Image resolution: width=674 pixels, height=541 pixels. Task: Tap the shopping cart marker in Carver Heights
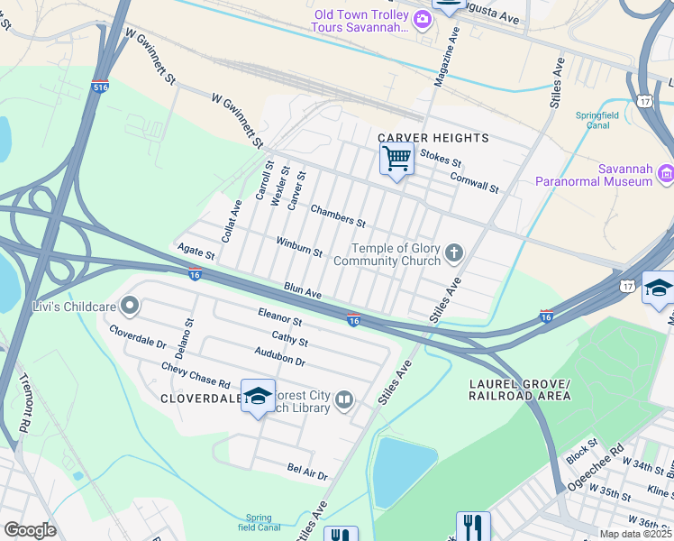click(x=396, y=160)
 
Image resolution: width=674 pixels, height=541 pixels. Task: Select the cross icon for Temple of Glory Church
click(x=454, y=252)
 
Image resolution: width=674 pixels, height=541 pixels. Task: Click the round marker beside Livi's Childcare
click(x=130, y=307)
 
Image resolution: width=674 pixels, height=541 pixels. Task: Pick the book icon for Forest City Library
click(x=343, y=399)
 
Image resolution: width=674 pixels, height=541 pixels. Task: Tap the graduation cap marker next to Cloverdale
click(x=258, y=397)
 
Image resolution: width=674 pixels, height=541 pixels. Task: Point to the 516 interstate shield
click(x=100, y=88)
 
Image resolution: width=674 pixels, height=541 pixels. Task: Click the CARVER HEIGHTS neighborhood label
click(x=433, y=138)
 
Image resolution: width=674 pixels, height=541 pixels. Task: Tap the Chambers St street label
click(x=338, y=215)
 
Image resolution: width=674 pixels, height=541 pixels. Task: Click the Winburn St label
click(x=299, y=247)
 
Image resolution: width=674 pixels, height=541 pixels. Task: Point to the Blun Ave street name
click(x=303, y=292)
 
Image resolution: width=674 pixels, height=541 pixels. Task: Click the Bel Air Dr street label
click(x=307, y=472)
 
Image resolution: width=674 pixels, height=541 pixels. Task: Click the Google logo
click(x=30, y=529)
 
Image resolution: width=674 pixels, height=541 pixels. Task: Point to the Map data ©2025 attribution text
click(x=634, y=534)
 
